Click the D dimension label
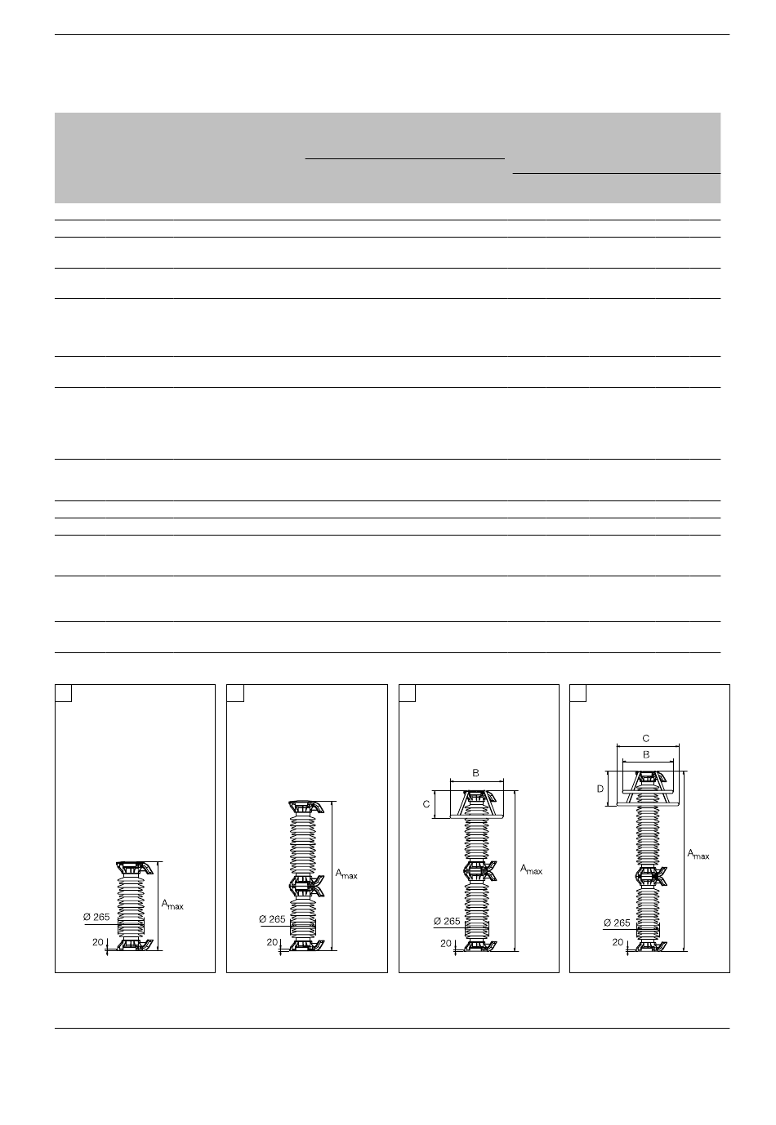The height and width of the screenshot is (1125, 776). pos(600,789)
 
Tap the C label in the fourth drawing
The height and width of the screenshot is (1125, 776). pos(646,738)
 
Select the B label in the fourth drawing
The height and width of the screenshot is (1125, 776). pos(646,754)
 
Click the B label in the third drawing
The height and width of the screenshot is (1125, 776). pos(476,773)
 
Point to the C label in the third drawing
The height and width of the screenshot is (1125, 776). pos(426,804)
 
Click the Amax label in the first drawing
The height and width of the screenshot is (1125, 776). pos(172,905)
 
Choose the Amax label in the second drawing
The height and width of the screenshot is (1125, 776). pos(346,874)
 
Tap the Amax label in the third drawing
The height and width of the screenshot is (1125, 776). pos(531,869)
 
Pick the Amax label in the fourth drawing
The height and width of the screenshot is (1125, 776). pos(698,854)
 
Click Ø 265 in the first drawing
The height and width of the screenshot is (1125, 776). pos(96,917)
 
